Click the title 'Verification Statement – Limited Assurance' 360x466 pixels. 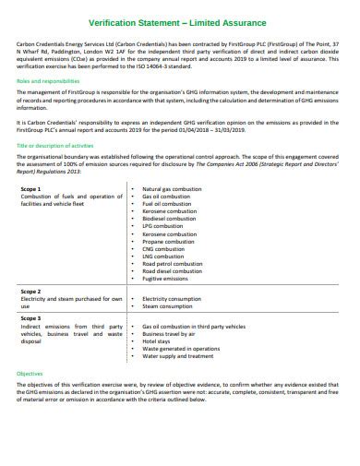pos(179,21)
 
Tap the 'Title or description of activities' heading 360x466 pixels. pos(52,145)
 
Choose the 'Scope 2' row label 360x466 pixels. pos(31,291)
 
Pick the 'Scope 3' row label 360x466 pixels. pos(31,317)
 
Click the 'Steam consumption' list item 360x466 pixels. pos(167,307)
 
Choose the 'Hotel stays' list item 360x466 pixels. pos(158,341)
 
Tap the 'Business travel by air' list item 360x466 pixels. pos(172,333)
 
